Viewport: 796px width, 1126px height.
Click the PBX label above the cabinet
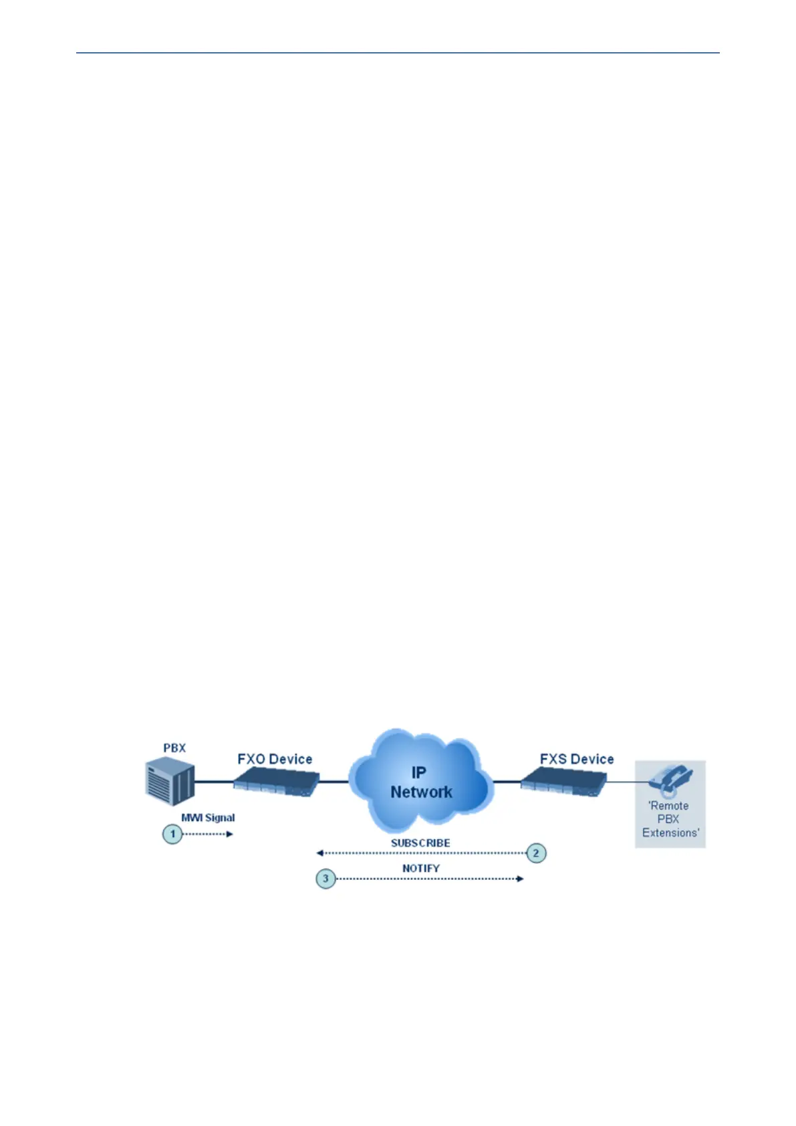pyautogui.click(x=174, y=748)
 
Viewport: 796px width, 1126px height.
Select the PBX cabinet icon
pyautogui.click(x=170, y=782)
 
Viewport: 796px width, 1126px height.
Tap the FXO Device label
pyautogui.click(x=275, y=759)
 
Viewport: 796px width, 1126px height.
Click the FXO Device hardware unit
pyautogui.click(x=276, y=781)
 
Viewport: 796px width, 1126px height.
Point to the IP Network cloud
pyautogui.click(x=421, y=779)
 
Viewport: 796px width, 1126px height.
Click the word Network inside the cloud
pyautogui.click(x=421, y=792)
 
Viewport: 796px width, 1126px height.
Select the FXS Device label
pyautogui.click(x=577, y=759)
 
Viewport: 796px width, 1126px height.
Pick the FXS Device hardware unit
pyautogui.click(x=563, y=781)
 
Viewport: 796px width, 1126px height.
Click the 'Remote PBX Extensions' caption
pyautogui.click(x=670, y=819)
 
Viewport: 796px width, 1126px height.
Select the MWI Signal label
pyautogui.click(x=208, y=817)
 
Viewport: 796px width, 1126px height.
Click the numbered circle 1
pyautogui.click(x=172, y=834)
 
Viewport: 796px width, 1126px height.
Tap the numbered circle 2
pyautogui.click(x=535, y=853)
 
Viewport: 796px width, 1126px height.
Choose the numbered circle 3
pyautogui.click(x=325, y=878)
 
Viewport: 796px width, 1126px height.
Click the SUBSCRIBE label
pyautogui.click(x=420, y=842)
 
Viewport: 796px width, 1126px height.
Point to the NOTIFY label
pyautogui.click(x=421, y=868)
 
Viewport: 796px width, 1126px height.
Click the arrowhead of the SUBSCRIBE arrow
pyautogui.click(x=320, y=853)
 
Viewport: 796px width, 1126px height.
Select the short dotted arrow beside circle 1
pyautogui.click(x=208, y=834)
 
